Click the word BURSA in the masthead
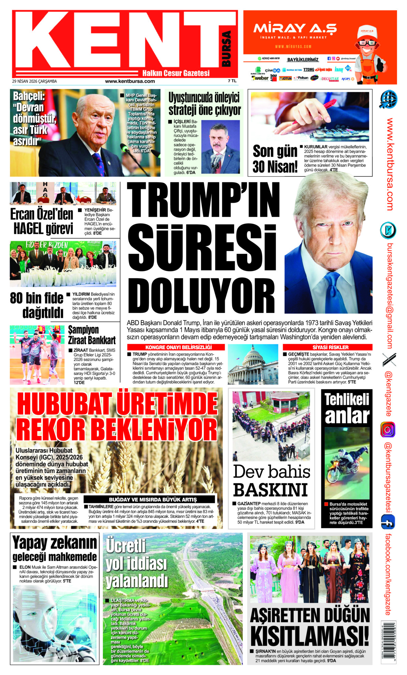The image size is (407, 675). click(226, 48)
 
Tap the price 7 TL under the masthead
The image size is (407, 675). click(232, 81)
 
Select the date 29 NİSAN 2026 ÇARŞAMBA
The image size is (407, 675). click(34, 81)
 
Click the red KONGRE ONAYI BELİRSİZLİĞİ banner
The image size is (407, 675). click(176, 347)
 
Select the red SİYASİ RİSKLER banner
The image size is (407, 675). click(330, 347)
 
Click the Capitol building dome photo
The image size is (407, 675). click(253, 364)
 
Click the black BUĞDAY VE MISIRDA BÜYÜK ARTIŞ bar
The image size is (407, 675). click(152, 499)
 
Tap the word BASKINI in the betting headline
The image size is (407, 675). click(270, 490)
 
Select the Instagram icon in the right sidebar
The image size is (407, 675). click(388, 430)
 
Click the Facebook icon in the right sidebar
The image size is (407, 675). click(388, 522)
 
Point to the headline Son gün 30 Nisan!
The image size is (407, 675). click(275, 159)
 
